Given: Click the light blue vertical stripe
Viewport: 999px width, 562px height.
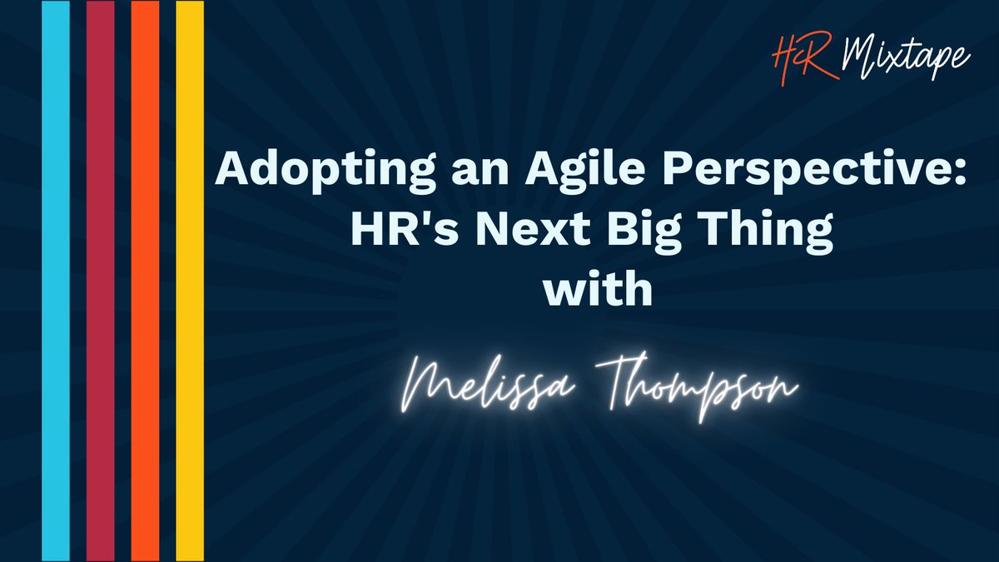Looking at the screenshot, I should click(56, 281).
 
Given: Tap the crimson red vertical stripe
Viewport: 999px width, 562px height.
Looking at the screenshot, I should click(100, 281).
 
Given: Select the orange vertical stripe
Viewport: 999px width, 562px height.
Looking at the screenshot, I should click(145, 281).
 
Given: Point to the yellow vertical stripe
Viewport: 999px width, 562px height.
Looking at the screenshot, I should click(190, 281).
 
